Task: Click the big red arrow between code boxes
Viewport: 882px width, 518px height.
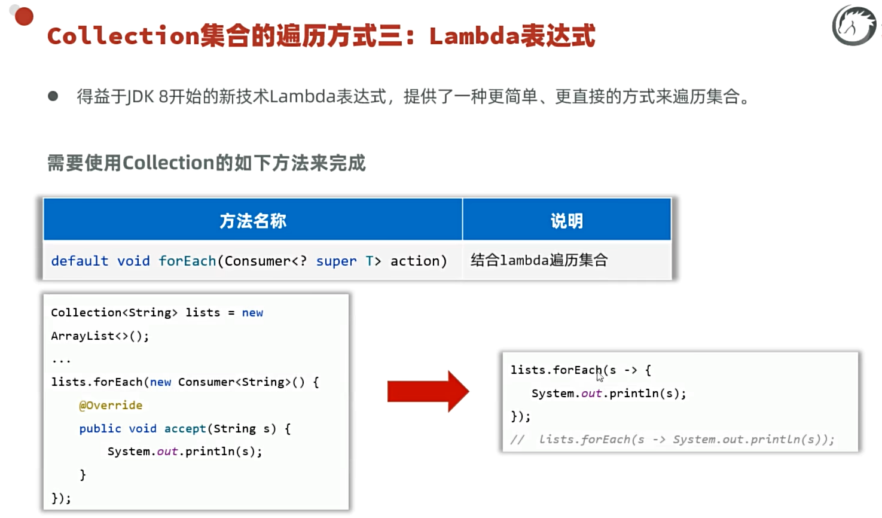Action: point(428,391)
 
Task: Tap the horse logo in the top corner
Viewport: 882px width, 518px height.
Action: point(854,26)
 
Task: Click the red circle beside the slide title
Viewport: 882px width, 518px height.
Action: point(24,16)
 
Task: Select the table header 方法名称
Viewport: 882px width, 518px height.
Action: point(253,221)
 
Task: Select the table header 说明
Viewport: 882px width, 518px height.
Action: point(566,221)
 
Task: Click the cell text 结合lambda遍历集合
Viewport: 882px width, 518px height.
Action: point(539,260)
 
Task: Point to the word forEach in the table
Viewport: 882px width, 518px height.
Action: point(187,261)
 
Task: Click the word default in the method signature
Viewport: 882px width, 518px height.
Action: point(80,261)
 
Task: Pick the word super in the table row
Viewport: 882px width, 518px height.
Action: point(336,261)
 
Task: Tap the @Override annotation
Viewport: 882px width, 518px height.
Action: point(111,405)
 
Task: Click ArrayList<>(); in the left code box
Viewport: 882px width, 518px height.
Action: point(100,336)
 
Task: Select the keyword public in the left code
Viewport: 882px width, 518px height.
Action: point(100,428)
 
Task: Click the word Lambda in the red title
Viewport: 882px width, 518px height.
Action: point(474,36)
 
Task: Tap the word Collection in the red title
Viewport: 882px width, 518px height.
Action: point(123,36)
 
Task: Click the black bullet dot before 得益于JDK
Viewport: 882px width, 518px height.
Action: point(53,96)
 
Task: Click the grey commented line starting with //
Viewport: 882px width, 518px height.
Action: point(672,440)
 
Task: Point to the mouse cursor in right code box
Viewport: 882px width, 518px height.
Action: point(600,376)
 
